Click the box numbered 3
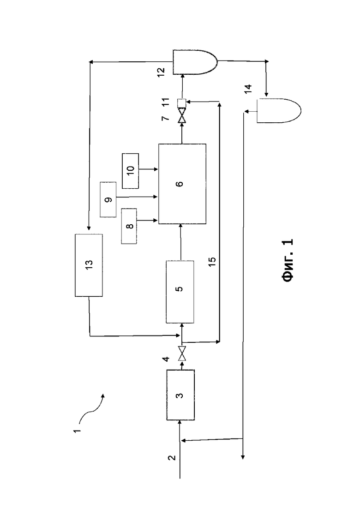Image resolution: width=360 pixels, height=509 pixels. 180,395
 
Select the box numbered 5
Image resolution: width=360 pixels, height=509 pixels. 180,292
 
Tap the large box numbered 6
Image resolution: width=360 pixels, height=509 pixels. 182,184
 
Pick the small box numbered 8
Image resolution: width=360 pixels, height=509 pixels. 129,226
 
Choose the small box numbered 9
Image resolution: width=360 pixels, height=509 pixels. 108,199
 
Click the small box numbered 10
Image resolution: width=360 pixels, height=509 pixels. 130,171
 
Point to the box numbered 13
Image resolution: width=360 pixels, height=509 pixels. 89,265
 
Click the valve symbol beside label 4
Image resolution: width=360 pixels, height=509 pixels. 182,354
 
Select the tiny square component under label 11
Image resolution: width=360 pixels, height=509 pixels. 181,103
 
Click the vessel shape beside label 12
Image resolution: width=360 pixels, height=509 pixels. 195,62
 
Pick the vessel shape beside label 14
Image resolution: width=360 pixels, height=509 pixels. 278,111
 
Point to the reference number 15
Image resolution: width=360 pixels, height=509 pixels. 212,261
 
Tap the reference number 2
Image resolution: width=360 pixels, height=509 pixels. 172,458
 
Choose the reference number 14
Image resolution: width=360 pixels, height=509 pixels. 248,89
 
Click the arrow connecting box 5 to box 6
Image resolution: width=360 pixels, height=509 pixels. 180,242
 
